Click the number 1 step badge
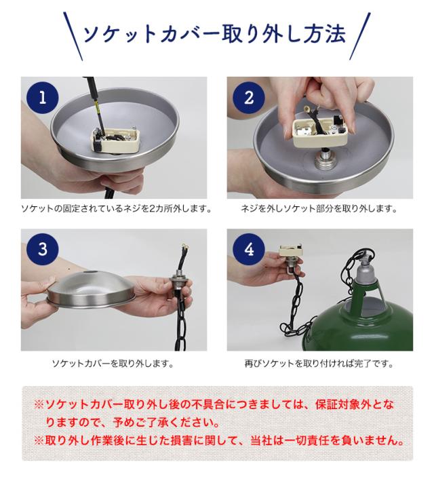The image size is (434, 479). (x=43, y=98)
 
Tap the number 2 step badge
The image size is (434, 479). (x=249, y=98)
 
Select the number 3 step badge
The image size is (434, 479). (x=43, y=250)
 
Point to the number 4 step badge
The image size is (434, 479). (x=249, y=250)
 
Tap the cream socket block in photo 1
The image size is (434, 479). (x=116, y=140)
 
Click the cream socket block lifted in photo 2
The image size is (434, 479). (x=320, y=132)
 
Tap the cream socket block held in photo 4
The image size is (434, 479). (x=290, y=251)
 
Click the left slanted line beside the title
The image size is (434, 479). (x=73, y=36)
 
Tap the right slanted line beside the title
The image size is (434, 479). (x=360, y=36)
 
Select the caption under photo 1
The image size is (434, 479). (x=117, y=209)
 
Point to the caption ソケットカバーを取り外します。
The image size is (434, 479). (x=113, y=363)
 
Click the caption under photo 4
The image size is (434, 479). (x=319, y=363)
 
